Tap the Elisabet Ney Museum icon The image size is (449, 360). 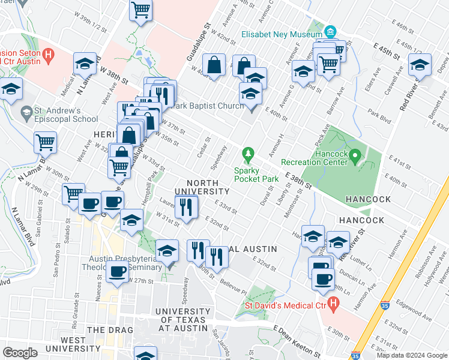click(330, 31)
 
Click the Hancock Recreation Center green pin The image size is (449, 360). click(355, 158)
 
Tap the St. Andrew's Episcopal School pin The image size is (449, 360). click(26, 112)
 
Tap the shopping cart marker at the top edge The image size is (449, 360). click(140, 10)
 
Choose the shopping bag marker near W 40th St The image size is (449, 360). click(214, 65)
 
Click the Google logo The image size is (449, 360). click(20, 352)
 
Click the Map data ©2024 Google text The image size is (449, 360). click(411, 355)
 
